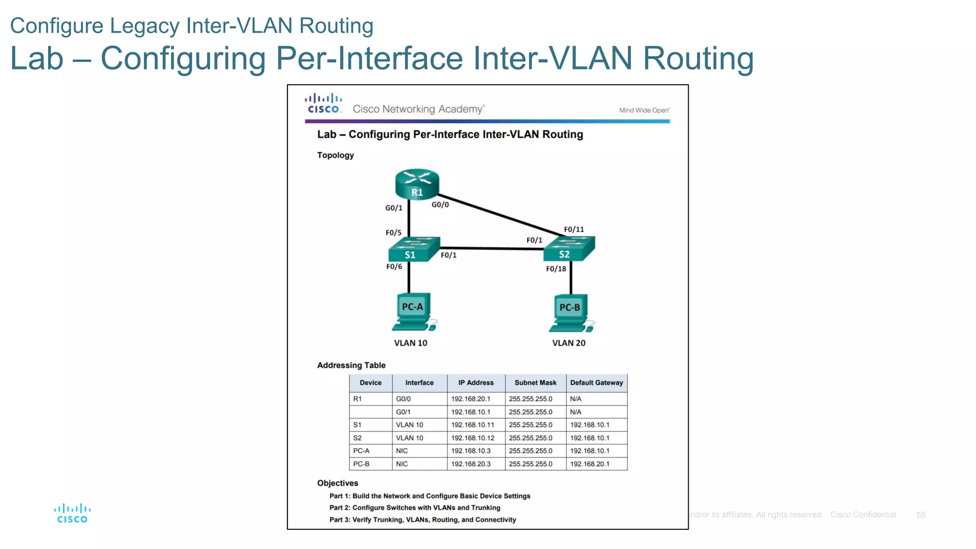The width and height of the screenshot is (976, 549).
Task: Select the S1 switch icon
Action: point(413,249)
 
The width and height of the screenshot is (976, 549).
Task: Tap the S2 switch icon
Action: point(569,249)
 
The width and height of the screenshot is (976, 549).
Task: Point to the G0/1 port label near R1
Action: point(394,208)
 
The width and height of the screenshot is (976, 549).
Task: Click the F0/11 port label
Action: point(574,229)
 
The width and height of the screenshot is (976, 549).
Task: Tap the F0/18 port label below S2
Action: point(556,269)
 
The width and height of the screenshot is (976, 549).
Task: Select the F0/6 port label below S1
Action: point(394,266)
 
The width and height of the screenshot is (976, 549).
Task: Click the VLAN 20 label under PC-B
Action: point(569,343)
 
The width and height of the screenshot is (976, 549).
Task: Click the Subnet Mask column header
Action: point(535,383)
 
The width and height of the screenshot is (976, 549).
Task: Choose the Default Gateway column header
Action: point(596,383)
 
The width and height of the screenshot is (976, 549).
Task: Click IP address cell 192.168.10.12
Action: point(473,438)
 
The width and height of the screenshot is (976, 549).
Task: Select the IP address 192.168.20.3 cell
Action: point(471,464)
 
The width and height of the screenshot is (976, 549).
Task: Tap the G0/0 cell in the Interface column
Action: point(403,399)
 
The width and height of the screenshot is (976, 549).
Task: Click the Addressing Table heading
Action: point(351,366)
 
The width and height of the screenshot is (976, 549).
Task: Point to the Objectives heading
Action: point(337,483)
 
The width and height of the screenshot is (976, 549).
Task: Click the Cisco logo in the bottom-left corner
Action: point(72,514)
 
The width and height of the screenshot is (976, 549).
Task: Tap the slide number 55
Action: point(921,515)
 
